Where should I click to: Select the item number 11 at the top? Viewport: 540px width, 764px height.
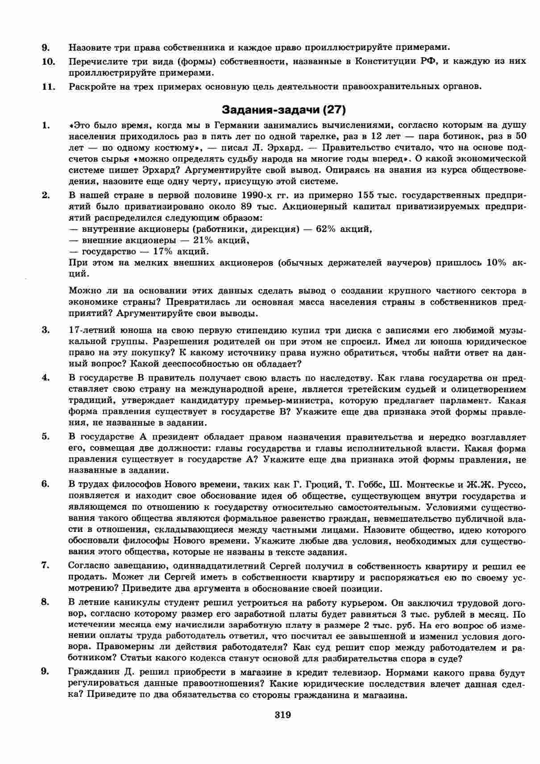pos(48,86)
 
